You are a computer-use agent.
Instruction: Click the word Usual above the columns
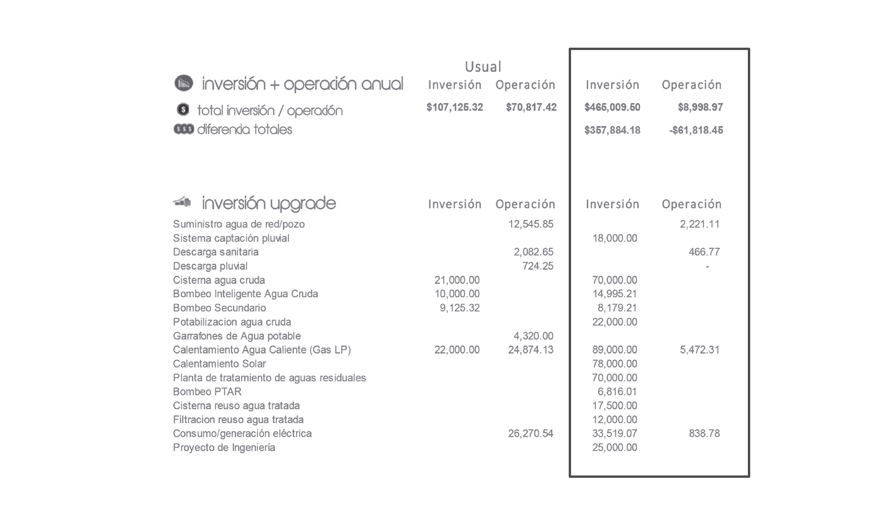483,67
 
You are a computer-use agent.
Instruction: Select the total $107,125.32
454,107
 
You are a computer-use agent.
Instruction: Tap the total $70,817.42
531,107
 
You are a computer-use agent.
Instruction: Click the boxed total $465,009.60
612,107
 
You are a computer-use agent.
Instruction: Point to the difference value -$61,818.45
696,130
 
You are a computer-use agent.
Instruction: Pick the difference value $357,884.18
612,130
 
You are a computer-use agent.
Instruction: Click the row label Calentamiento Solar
219,364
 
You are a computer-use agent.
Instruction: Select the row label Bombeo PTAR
207,391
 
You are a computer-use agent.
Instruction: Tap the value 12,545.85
530,224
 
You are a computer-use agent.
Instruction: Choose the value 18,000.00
615,238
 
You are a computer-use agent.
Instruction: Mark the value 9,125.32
459,308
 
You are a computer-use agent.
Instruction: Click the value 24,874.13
530,350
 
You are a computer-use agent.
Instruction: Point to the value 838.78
704,433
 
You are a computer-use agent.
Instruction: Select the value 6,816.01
617,391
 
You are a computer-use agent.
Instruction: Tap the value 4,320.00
533,336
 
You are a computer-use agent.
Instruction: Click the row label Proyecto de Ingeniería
224,447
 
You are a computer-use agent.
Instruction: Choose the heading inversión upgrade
269,204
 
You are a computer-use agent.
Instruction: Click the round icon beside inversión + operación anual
184,83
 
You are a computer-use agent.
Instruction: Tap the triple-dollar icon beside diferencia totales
183,129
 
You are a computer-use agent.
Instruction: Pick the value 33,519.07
615,433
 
